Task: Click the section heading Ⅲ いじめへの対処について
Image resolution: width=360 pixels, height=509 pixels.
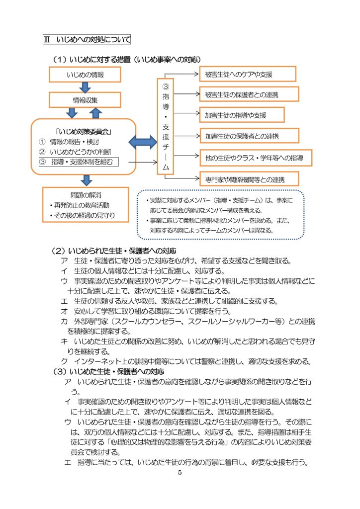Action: [87, 39]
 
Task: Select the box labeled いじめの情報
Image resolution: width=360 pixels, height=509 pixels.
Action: [85, 75]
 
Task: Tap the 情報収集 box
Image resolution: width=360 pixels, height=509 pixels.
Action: [85, 100]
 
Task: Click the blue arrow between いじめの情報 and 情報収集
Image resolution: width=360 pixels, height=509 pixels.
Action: [85, 87]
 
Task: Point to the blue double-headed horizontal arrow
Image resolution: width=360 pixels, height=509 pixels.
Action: [143, 142]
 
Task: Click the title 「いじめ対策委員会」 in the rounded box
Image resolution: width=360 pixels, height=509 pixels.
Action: [84, 131]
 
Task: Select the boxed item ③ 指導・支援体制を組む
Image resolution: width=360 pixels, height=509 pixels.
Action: [79, 162]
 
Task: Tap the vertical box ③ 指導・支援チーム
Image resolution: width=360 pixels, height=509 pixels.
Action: [166, 127]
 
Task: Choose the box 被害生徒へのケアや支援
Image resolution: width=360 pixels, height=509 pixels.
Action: [248, 74]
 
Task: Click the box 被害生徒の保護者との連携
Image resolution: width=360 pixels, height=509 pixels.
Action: [249, 94]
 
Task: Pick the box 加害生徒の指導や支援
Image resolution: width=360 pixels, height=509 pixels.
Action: [242, 115]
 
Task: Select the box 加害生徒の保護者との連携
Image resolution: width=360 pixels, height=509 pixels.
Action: [249, 136]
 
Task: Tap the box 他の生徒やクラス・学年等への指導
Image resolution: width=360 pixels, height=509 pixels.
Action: [256, 158]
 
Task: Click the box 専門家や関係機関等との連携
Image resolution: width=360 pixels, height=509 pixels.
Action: [249, 179]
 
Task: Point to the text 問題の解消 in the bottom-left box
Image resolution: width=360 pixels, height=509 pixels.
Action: [86, 195]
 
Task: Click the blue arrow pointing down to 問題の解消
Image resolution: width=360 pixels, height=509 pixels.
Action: [87, 180]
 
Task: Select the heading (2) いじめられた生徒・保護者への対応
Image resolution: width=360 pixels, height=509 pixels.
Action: [113, 251]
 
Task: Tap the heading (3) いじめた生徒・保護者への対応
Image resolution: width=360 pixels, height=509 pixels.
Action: [108, 371]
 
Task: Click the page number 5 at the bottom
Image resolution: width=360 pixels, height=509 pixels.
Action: [180, 473]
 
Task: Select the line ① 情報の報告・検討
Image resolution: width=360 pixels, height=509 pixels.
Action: [69, 142]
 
